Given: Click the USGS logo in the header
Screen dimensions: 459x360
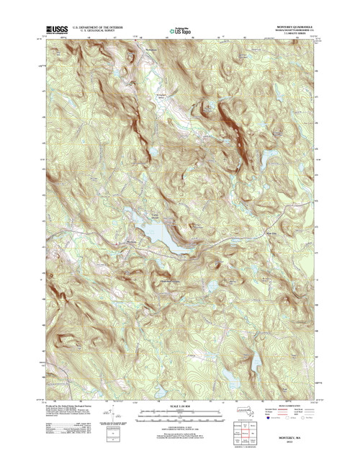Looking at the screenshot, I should [x=57, y=30].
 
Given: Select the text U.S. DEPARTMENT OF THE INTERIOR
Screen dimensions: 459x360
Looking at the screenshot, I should [x=102, y=27].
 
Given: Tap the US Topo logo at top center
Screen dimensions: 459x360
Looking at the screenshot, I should [x=181, y=30].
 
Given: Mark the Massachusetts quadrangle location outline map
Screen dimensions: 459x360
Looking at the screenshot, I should [x=239, y=414].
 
